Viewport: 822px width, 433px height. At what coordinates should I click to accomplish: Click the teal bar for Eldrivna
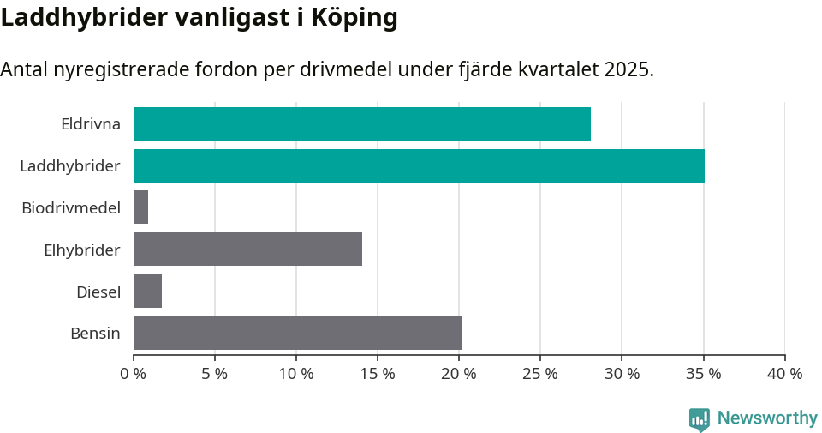tap(361, 123)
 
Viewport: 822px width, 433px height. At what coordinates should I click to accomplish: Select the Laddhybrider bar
tap(419, 165)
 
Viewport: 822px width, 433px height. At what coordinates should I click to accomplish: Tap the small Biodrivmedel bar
tap(140, 207)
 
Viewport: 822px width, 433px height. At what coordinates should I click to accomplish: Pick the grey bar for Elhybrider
tap(247, 250)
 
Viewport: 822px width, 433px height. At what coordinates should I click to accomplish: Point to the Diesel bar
tap(147, 292)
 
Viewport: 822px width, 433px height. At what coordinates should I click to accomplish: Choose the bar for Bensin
tap(297, 333)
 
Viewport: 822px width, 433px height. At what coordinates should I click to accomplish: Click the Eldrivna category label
tap(91, 123)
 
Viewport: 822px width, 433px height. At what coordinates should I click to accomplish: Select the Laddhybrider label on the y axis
tap(70, 165)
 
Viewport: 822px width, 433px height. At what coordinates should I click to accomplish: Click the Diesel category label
tap(98, 292)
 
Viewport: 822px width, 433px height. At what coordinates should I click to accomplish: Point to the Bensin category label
tap(95, 333)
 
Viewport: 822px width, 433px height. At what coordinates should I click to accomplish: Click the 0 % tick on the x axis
tap(133, 374)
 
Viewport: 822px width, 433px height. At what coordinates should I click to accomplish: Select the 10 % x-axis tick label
tap(295, 374)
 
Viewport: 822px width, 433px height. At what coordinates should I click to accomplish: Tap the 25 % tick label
tap(539, 374)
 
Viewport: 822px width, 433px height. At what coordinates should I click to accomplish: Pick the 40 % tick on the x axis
tap(784, 374)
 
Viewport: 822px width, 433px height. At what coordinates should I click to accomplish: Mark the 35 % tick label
tap(703, 374)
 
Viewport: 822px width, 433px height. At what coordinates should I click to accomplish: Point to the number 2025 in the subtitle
tap(626, 69)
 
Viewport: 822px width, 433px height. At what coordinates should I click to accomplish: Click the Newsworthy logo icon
tap(700, 418)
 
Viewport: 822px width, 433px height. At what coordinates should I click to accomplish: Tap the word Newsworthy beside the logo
tap(767, 418)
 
